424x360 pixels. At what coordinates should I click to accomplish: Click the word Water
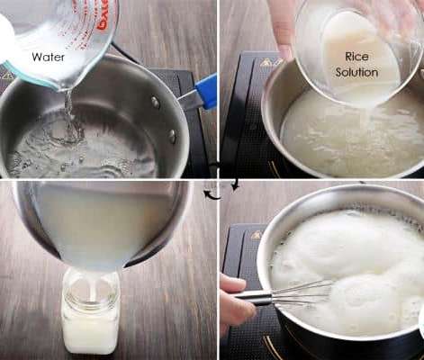[x=48, y=57]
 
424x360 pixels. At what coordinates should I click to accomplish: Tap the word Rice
[x=356, y=57]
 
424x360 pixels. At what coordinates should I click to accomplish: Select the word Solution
[x=356, y=72]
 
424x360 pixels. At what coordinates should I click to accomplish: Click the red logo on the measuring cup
[x=103, y=15]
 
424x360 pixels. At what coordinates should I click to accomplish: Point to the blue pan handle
[x=206, y=91]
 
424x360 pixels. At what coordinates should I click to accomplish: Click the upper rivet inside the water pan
[x=155, y=102]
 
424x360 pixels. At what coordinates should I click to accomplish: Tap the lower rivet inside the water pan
[x=172, y=136]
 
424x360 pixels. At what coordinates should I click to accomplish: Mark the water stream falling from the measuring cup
[x=69, y=115]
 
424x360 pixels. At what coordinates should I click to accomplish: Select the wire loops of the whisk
[x=303, y=294]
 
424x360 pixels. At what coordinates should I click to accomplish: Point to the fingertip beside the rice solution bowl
[x=284, y=51]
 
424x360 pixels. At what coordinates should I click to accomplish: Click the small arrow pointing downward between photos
[x=236, y=184]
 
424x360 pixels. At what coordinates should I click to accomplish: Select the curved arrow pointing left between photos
[x=212, y=194]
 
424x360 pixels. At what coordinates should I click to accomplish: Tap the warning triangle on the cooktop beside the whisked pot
[x=257, y=234]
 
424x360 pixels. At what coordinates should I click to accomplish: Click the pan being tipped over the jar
[x=102, y=225]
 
